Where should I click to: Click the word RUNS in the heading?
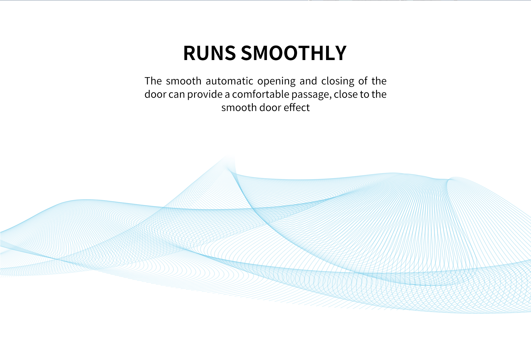pos(210,53)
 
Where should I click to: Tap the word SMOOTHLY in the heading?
pos(294,53)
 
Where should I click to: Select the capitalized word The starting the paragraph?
pos(153,81)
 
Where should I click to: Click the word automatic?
pos(229,81)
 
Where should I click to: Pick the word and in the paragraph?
pos(308,81)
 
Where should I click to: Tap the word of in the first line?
pos(363,81)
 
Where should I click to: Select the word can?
pos(177,95)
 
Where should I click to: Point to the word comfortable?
pos(261,94)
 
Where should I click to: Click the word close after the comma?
pos(346,94)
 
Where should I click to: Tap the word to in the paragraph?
pos(365,95)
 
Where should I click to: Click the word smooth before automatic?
pos(184,81)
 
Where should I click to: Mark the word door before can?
pos(155,94)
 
